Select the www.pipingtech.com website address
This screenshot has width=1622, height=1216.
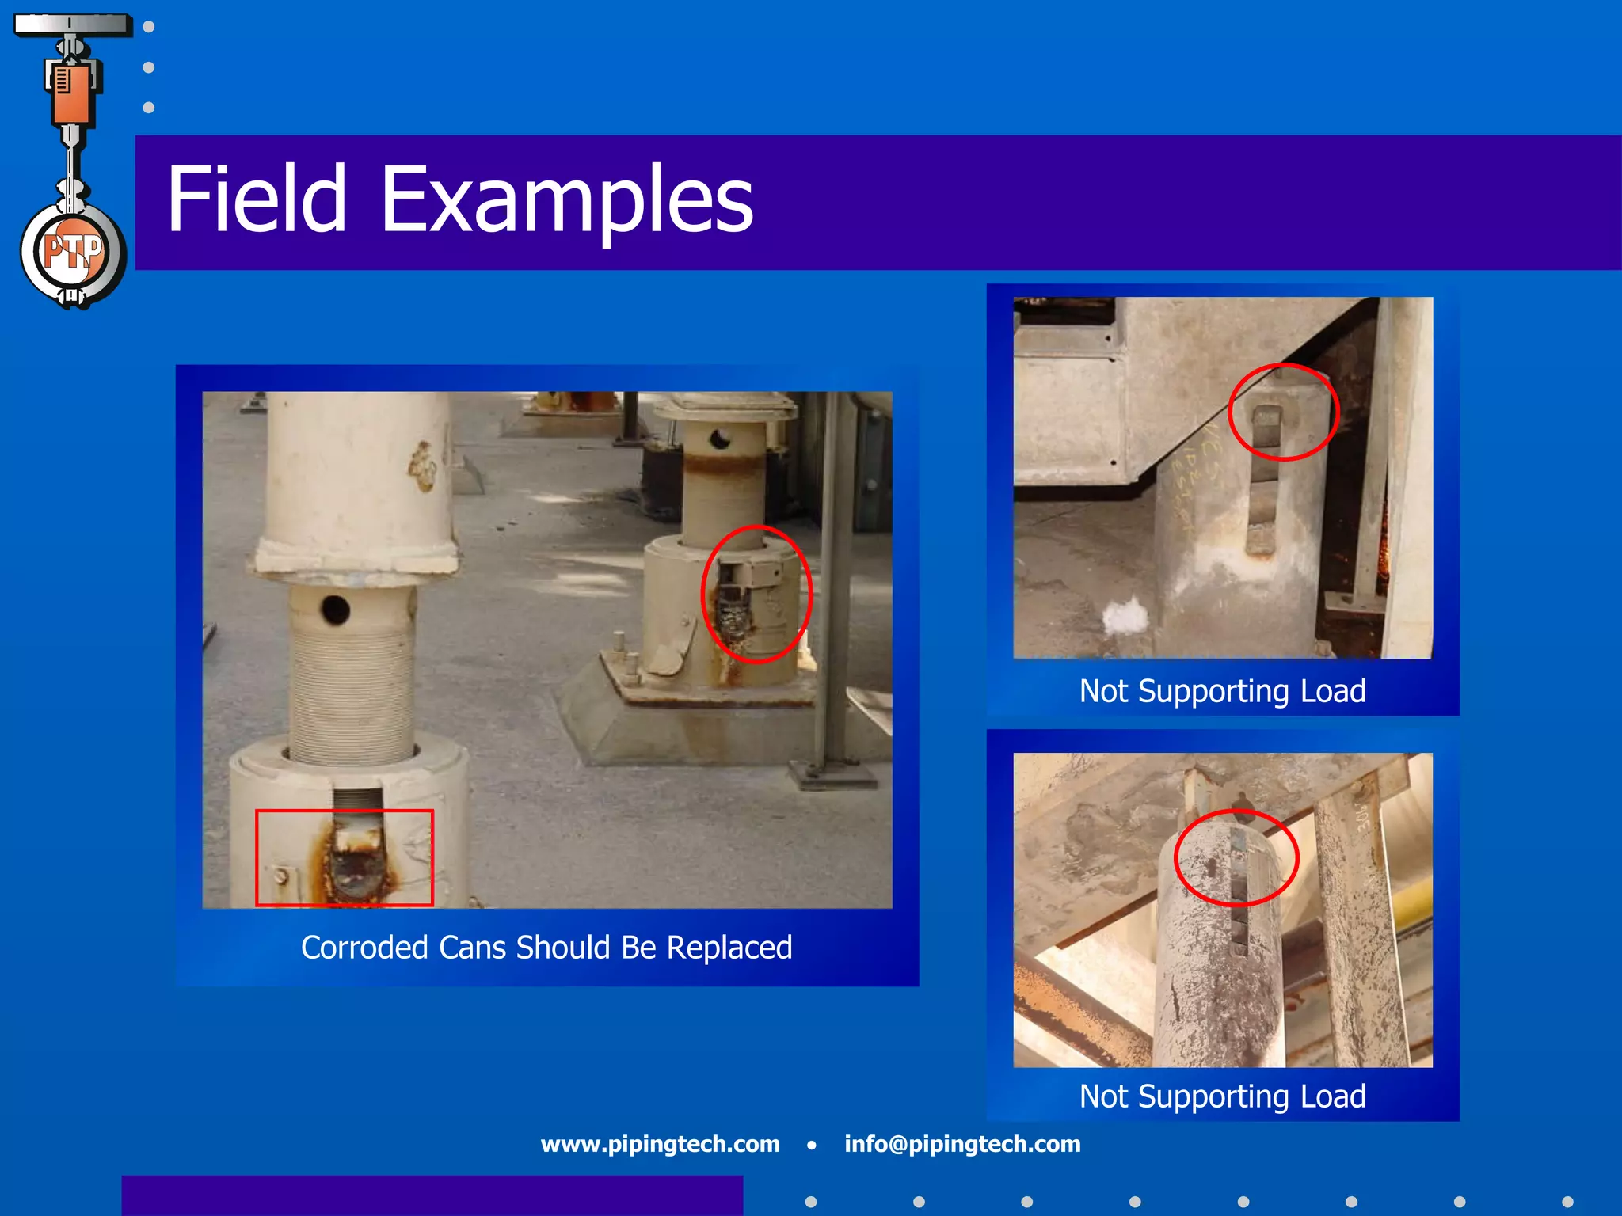click(x=660, y=1144)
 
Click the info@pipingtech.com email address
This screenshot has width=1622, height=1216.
click(x=962, y=1144)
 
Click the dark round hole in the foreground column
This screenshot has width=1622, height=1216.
click(x=335, y=610)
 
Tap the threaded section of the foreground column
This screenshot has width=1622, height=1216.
click(x=351, y=689)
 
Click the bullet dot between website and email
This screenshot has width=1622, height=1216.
click(x=811, y=1145)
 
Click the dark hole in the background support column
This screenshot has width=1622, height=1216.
click(x=720, y=438)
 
